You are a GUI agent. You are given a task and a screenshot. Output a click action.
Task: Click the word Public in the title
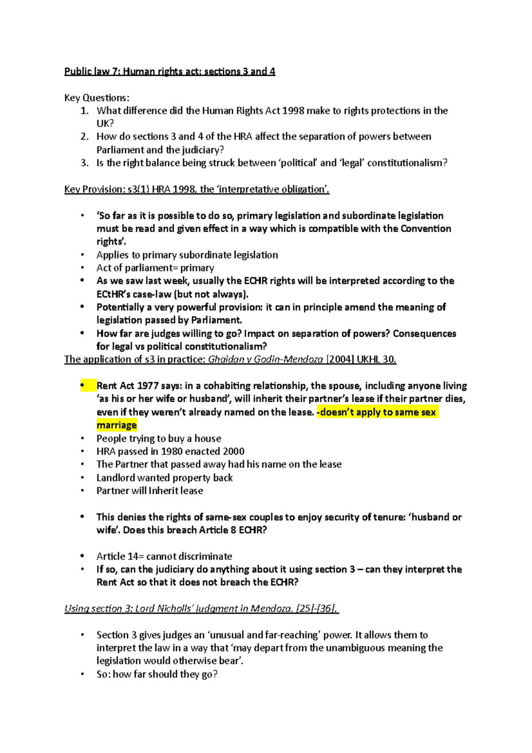coord(77,71)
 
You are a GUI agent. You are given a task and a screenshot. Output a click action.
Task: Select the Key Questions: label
coord(97,98)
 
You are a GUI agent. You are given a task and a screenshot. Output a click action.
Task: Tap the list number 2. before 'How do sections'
coord(85,137)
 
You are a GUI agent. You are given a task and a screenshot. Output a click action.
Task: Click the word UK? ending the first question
coord(105,124)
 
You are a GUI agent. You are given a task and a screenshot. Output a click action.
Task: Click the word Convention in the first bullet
coord(426,229)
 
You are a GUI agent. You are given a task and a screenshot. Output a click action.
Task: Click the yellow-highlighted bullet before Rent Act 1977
coord(82,386)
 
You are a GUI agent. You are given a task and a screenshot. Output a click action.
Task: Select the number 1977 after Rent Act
coord(148,386)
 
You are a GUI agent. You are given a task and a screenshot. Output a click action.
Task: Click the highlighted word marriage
coord(117,425)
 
